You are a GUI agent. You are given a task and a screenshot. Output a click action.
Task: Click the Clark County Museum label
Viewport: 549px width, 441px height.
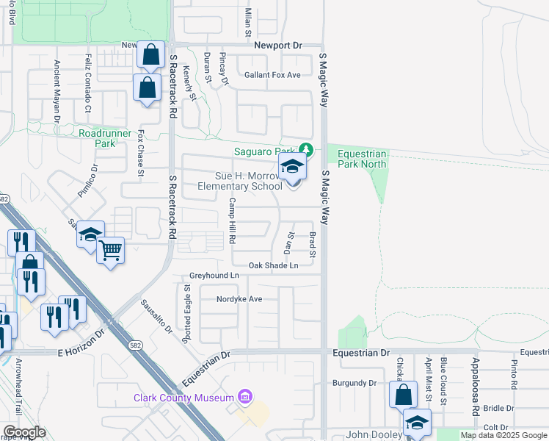(x=186, y=398)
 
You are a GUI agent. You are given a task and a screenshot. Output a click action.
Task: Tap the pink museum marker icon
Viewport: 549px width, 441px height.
(x=245, y=398)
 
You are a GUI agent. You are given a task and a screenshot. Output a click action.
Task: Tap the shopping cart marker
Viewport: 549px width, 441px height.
(x=110, y=251)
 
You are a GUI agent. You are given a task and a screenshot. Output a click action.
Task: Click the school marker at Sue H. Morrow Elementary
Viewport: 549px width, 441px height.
(x=292, y=168)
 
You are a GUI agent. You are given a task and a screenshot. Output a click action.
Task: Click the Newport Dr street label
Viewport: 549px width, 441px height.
(x=278, y=46)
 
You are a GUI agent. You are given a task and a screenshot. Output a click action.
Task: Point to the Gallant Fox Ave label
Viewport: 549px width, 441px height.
(x=272, y=75)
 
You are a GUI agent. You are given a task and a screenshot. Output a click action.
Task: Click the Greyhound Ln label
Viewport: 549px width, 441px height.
(x=214, y=275)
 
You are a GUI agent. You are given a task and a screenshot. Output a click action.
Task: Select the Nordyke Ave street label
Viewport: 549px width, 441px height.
(x=239, y=299)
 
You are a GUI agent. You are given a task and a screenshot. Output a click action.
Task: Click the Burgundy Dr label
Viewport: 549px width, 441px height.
(x=354, y=383)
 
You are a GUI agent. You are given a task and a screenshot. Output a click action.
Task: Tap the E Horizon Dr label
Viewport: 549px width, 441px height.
(x=82, y=353)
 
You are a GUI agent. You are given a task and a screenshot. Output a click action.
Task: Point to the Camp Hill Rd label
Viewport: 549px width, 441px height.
(x=232, y=220)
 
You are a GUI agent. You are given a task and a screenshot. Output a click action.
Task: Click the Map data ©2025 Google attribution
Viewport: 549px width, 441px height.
(x=503, y=435)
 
